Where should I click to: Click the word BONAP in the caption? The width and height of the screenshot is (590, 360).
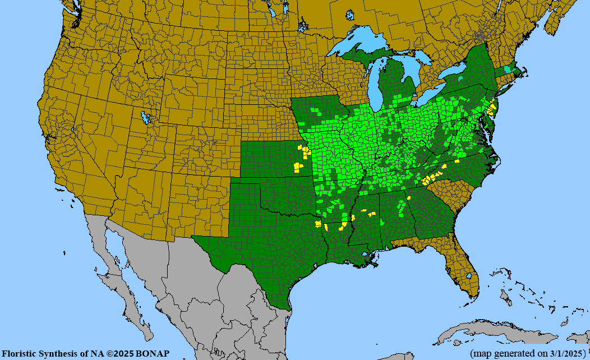click(x=151, y=353)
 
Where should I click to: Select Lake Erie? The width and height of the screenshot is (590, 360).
click(x=432, y=95)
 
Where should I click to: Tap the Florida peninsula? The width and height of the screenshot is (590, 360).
click(x=465, y=269)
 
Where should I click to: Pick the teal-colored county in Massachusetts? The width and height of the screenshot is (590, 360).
click(x=508, y=70)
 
